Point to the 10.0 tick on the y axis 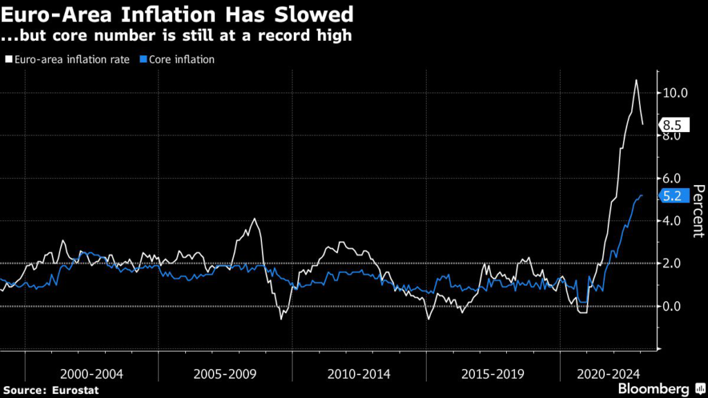click(x=675, y=93)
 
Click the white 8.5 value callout click(x=672, y=125)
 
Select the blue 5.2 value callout click(x=672, y=196)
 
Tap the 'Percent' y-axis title click(x=698, y=210)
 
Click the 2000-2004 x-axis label click(x=92, y=375)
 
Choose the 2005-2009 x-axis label click(x=225, y=375)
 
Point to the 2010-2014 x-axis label click(x=359, y=375)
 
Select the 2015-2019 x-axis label click(x=492, y=375)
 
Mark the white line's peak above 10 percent click(x=636, y=80)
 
